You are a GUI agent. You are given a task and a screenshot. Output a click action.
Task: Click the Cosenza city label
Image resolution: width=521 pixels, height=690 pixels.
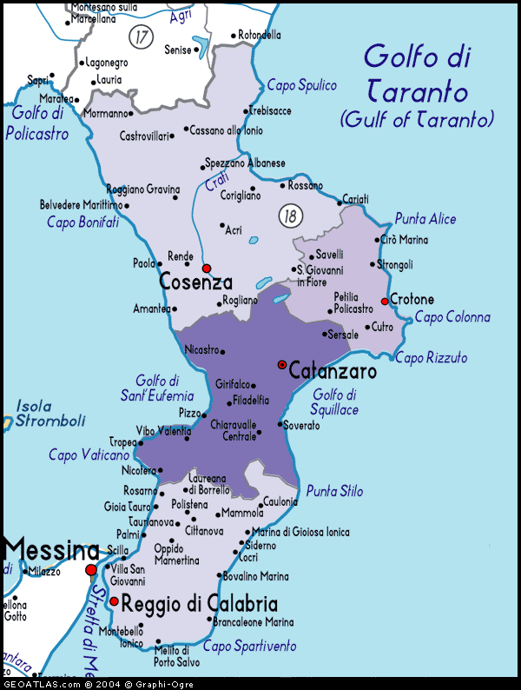[x=195, y=282]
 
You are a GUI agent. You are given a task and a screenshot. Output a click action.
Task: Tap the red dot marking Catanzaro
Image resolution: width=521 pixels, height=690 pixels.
[x=281, y=364]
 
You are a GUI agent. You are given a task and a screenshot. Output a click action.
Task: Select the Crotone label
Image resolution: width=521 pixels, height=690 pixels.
[x=412, y=300]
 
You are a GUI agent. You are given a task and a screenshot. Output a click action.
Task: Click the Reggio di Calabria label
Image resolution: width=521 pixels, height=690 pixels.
[x=199, y=603]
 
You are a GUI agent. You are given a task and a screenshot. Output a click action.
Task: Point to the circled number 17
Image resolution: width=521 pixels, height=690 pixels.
[x=140, y=36]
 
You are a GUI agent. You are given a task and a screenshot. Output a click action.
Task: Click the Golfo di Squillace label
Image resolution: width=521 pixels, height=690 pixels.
[x=335, y=401]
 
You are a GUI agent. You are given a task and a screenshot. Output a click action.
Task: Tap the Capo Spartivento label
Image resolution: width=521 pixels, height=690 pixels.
[x=249, y=646]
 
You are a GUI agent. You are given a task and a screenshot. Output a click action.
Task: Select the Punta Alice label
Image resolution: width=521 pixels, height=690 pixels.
[x=425, y=219]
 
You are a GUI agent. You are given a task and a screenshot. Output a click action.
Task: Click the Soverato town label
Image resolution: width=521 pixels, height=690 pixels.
[x=301, y=426]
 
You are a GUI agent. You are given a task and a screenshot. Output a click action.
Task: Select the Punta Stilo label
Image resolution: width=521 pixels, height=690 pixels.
[x=334, y=491]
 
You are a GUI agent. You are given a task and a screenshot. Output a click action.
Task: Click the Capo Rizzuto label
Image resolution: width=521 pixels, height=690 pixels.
[x=431, y=357]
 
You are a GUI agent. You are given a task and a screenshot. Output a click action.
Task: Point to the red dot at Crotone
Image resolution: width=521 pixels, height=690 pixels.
[x=385, y=302]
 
